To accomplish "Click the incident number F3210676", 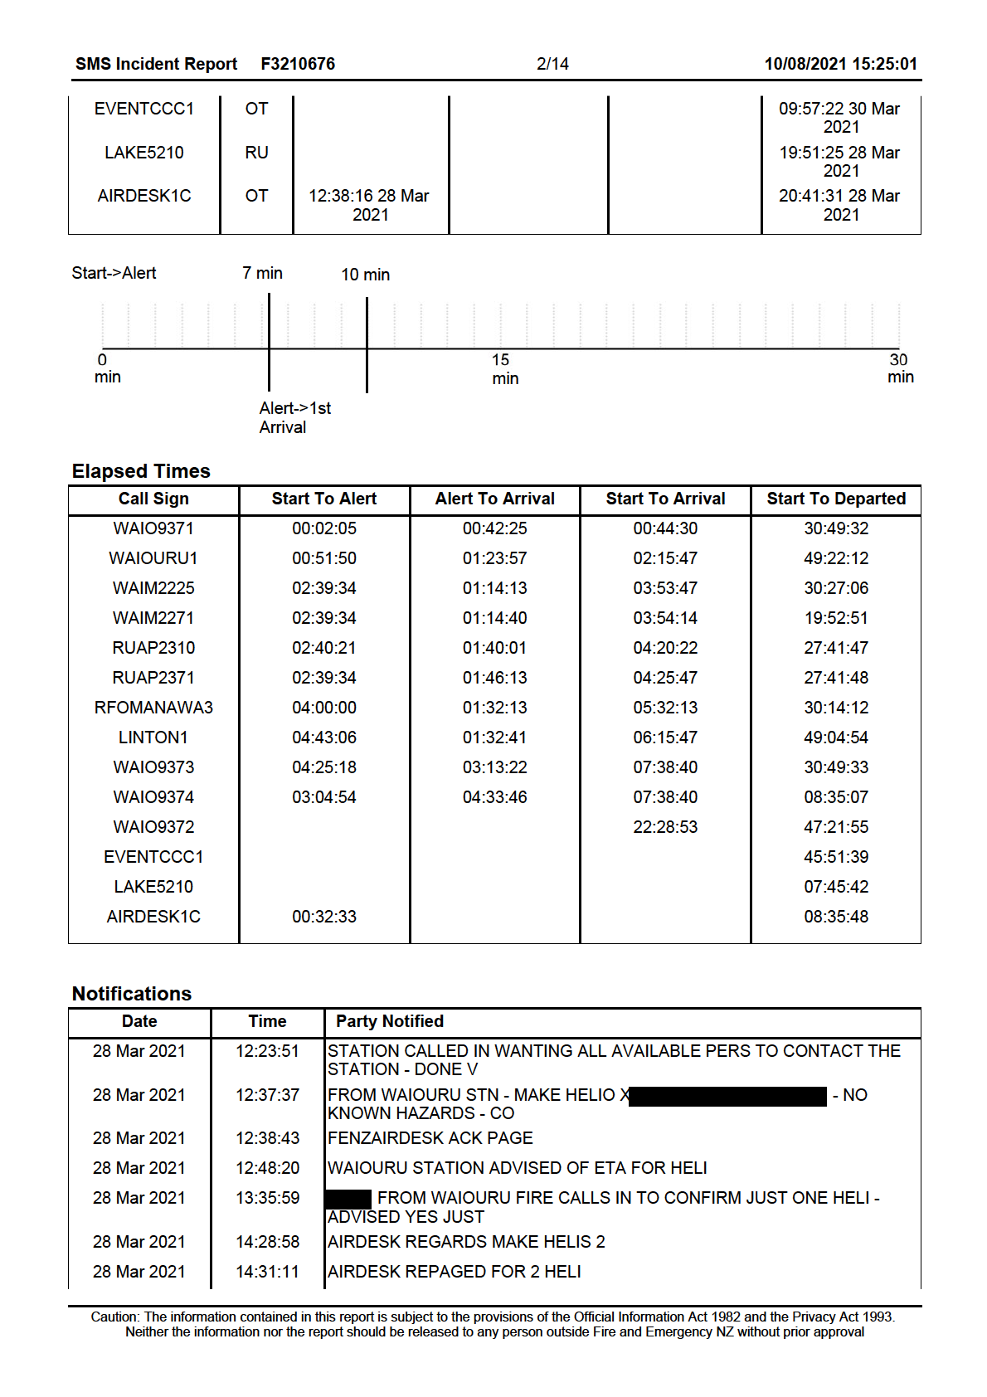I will (x=298, y=64).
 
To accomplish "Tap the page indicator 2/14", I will (x=552, y=64).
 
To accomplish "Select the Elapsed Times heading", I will (x=141, y=471).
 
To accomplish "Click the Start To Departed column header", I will (x=835, y=499).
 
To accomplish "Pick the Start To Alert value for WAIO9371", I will (x=323, y=528).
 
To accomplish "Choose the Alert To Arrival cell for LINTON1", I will (x=494, y=737).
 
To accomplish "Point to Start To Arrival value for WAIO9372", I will (x=665, y=827).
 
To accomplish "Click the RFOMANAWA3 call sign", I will (x=153, y=708).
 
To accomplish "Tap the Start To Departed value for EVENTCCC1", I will (x=835, y=857).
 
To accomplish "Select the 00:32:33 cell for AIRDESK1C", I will (x=323, y=917).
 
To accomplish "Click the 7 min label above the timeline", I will (x=262, y=273).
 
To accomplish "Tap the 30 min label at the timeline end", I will (x=900, y=368).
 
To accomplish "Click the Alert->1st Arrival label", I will (x=294, y=417).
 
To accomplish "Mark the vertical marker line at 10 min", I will (x=367, y=344).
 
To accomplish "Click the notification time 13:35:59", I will (x=267, y=1198).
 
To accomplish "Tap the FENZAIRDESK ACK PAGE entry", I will (x=430, y=1138).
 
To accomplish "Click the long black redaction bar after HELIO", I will (x=727, y=1096).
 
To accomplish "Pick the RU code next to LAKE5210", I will (x=256, y=153).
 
